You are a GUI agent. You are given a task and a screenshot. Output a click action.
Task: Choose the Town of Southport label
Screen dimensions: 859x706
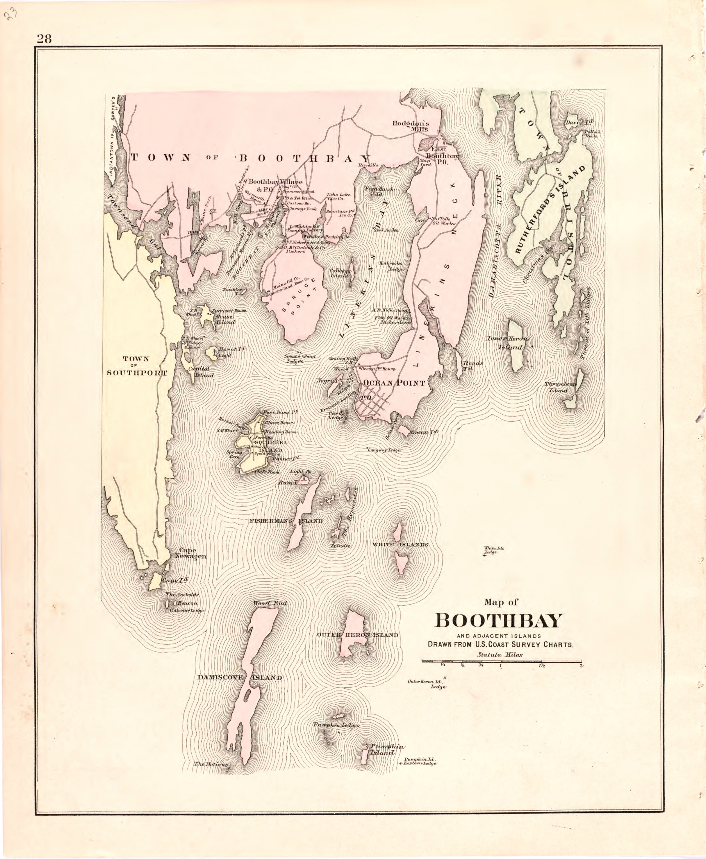(x=137, y=366)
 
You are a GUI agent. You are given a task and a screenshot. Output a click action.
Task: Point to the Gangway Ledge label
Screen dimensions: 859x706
(x=384, y=450)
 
